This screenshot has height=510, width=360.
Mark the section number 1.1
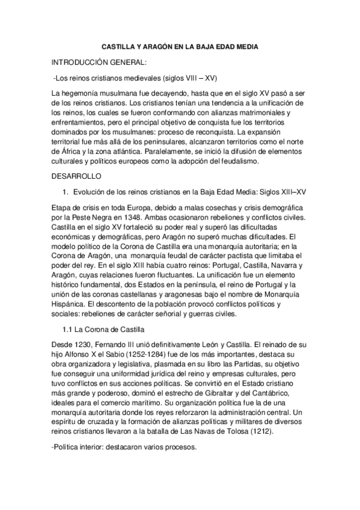[68, 330]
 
